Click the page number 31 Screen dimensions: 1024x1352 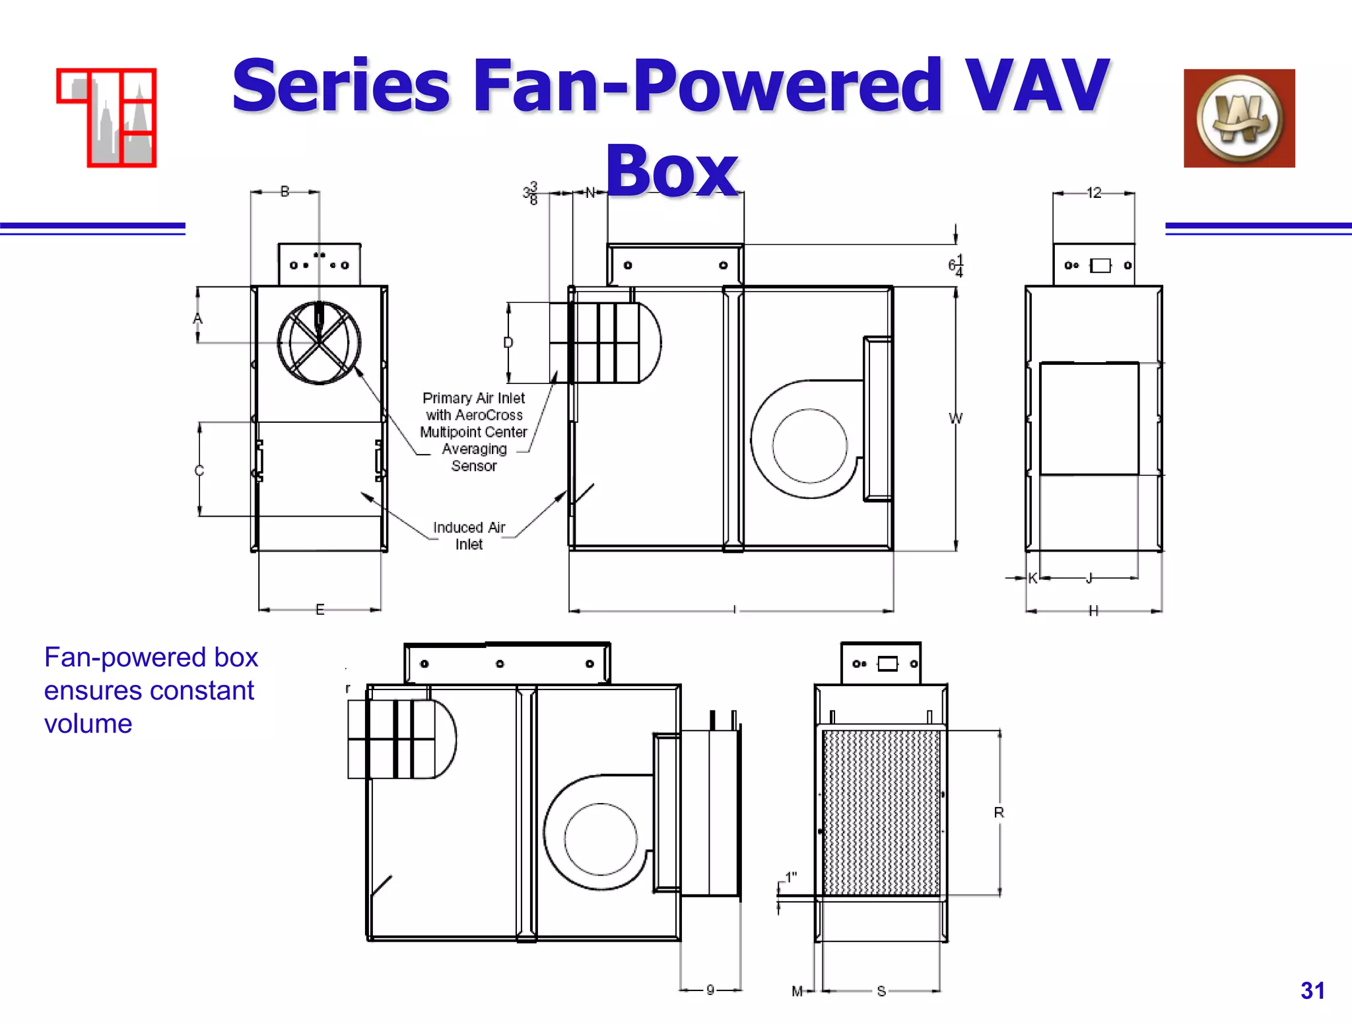click(x=1312, y=990)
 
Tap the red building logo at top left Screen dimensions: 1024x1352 click(x=107, y=117)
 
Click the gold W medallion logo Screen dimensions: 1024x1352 click(x=1239, y=118)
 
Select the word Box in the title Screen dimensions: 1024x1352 click(x=671, y=171)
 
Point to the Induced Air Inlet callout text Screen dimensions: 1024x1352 click(x=469, y=536)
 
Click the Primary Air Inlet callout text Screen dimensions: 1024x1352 click(x=473, y=432)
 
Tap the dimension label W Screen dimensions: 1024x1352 click(x=955, y=418)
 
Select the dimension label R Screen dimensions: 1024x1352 click(x=999, y=813)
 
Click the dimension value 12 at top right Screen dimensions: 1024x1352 click(x=1094, y=193)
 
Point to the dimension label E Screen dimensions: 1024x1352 click(x=320, y=610)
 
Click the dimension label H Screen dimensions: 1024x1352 click(x=1094, y=611)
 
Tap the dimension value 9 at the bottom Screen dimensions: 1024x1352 click(x=710, y=990)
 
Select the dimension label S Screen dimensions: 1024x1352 click(x=881, y=991)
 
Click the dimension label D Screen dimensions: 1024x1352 click(x=508, y=342)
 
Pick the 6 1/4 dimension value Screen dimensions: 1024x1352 click(x=955, y=265)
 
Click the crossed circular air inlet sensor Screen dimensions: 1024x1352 click(x=320, y=342)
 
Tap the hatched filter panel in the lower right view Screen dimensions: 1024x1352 click(x=881, y=812)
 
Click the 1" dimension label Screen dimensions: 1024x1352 click(x=790, y=878)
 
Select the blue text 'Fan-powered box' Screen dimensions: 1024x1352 click(x=151, y=657)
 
